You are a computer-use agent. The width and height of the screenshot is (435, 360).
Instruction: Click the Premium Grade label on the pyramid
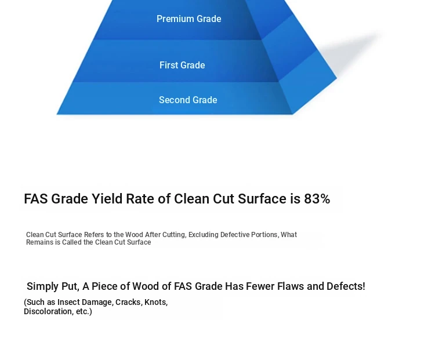pos(189,19)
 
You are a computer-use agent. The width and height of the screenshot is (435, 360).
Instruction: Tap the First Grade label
pos(182,65)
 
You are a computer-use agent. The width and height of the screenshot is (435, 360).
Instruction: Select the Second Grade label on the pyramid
pos(188,100)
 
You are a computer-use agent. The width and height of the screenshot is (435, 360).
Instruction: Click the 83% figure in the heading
pos(317,199)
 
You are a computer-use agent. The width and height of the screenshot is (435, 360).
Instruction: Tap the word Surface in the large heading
pos(262,199)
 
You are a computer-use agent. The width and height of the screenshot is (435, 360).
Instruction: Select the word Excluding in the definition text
pos(204,235)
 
